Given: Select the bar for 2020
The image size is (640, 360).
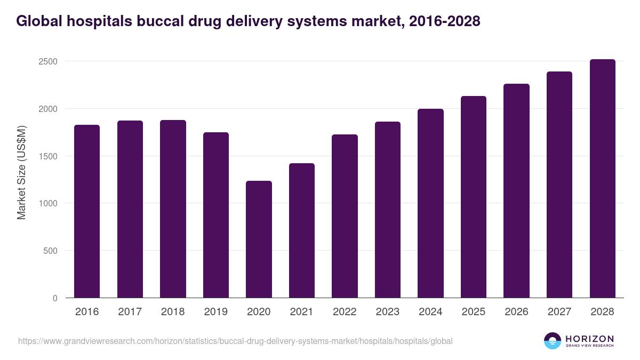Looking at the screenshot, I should pyautogui.click(x=259, y=239).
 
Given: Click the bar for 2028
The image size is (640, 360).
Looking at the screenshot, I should pyautogui.click(x=602, y=179).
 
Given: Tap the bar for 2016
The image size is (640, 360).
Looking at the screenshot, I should pyautogui.click(x=87, y=211).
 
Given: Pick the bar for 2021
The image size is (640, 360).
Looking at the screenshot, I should pyautogui.click(x=301, y=230).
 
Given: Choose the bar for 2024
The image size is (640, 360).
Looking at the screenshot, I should pyautogui.click(x=430, y=203).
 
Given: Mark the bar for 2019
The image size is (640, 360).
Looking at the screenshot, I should pyautogui.click(x=216, y=215).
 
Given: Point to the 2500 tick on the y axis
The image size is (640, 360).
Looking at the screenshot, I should pyautogui.click(x=48, y=61).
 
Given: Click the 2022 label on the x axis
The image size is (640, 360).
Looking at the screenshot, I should pyautogui.click(x=345, y=312).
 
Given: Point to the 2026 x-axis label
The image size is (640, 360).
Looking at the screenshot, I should pyautogui.click(x=516, y=312).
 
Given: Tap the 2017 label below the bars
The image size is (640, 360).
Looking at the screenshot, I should pyautogui.click(x=130, y=312).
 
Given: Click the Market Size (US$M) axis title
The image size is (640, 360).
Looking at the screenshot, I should pyautogui.click(x=21, y=172).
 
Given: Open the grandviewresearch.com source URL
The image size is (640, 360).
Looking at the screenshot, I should pyautogui.click(x=235, y=341).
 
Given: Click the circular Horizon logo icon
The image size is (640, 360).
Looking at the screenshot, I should pyautogui.click(x=553, y=341).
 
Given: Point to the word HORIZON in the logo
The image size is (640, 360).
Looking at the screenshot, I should pyautogui.click(x=589, y=338).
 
